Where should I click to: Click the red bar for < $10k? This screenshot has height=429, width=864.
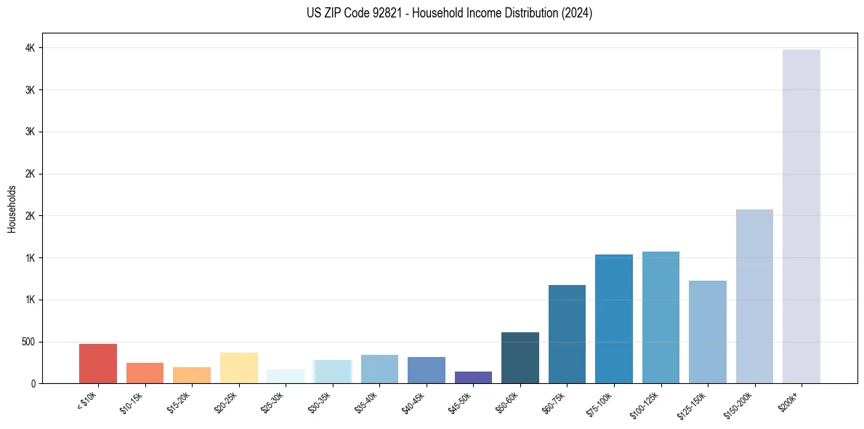point(98,364)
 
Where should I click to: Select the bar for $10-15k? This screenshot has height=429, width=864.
point(145,373)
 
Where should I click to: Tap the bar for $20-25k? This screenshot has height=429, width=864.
point(239,368)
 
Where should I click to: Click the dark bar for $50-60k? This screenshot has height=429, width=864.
point(520,358)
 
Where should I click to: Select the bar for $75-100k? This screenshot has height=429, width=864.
point(614,319)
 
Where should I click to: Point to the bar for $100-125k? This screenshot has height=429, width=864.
point(661,318)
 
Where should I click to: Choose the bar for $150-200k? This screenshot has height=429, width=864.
point(754,297)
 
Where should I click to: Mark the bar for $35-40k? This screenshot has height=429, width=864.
point(379,369)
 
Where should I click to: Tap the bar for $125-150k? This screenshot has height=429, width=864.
point(708,332)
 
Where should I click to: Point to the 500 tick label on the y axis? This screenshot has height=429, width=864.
point(28,342)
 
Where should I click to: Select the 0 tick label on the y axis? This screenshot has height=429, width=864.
point(33,383)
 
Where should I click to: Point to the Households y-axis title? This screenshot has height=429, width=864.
point(12,209)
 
